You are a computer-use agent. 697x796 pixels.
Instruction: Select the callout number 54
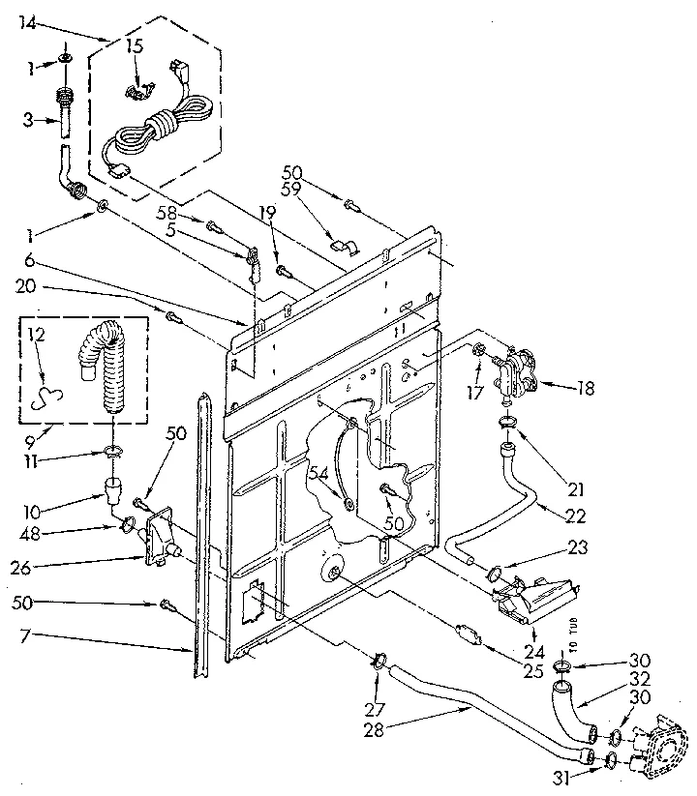tap(319, 474)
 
